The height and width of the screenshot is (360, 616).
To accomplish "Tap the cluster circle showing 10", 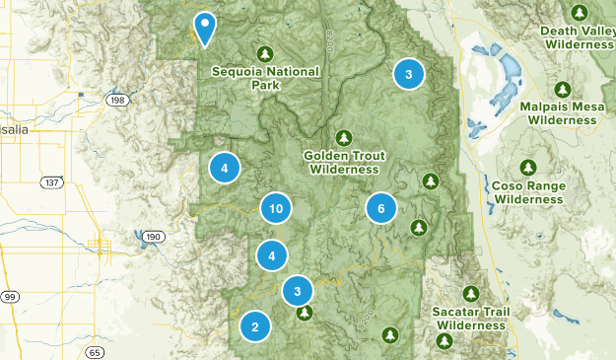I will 276,208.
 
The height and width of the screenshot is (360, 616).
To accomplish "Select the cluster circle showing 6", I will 380,208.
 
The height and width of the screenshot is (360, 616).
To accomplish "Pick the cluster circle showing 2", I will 255,326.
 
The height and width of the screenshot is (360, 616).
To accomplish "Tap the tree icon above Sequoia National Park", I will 263,53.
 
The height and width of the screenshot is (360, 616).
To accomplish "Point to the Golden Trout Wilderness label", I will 342,163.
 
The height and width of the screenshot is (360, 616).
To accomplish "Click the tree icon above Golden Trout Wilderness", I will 343,137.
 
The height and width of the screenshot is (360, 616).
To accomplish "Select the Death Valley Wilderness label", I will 578,36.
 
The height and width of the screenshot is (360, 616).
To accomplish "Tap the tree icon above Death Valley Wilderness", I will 579,12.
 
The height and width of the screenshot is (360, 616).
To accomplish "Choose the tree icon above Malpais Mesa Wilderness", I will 562,89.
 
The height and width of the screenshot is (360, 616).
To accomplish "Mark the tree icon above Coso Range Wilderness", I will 529,167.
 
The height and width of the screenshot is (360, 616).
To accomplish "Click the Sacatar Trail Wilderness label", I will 471,318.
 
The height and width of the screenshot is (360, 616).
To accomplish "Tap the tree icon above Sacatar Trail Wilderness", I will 471,294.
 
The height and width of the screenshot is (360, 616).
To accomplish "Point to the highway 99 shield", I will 10,296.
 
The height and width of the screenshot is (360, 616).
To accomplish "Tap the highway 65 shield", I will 95,351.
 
